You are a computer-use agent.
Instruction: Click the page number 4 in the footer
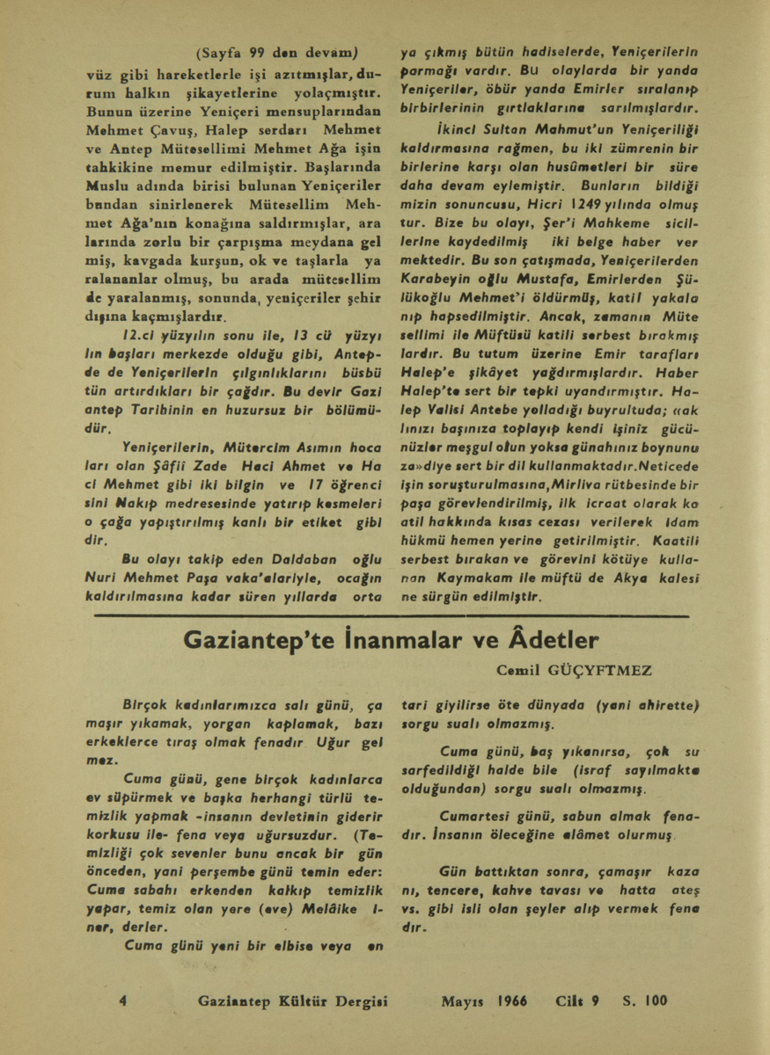pos(123,1000)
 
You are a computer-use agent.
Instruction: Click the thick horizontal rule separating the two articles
pos(386,617)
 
